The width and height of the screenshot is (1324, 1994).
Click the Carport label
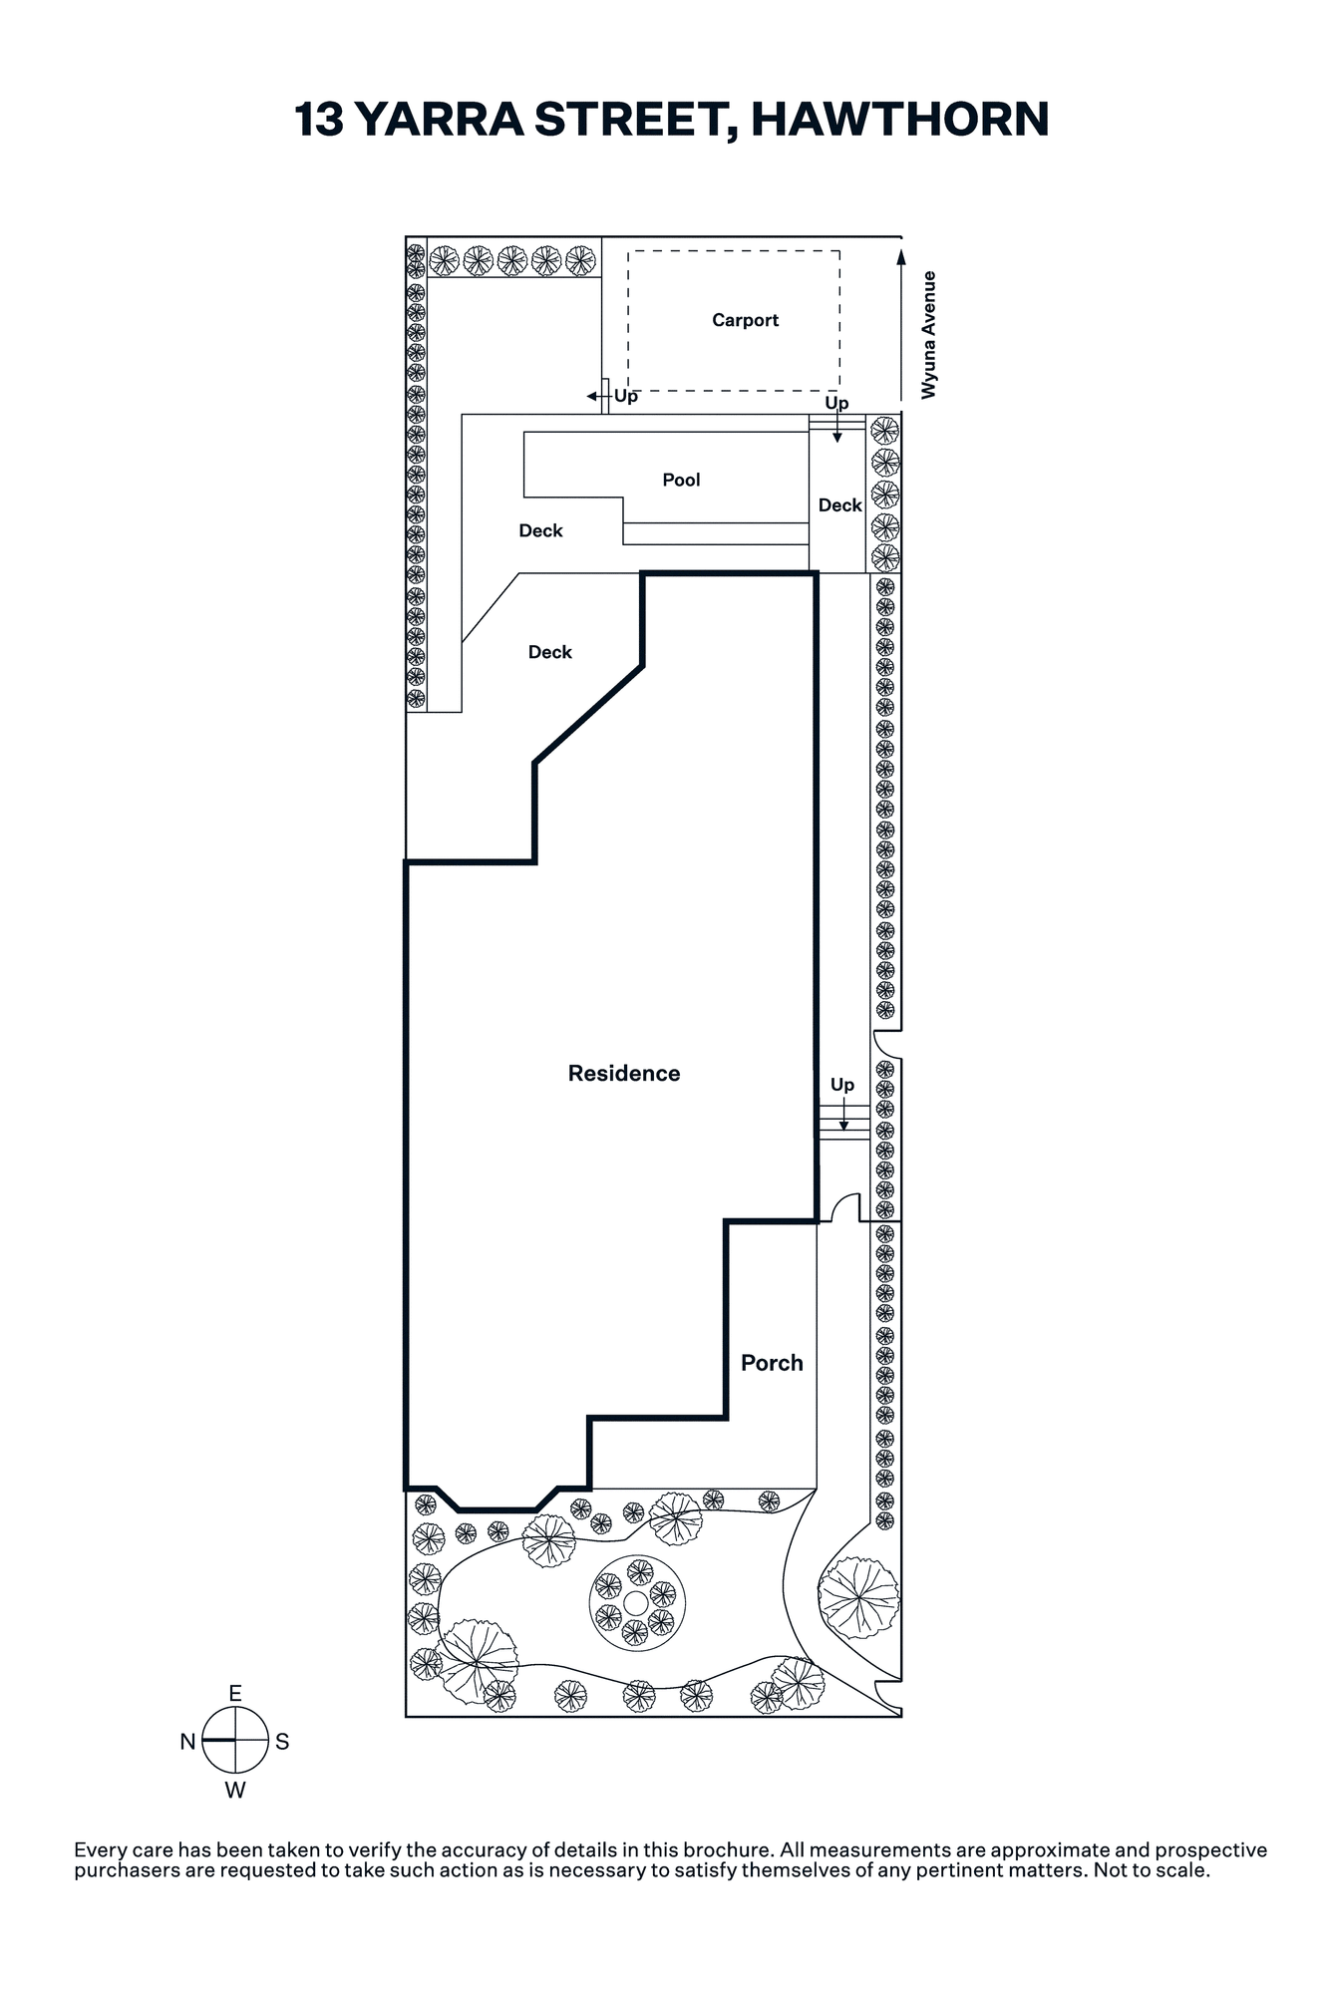point(745,320)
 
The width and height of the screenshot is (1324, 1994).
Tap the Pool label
point(681,480)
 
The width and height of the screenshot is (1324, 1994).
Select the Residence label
point(624,1073)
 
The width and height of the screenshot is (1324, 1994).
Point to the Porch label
point(772,1363)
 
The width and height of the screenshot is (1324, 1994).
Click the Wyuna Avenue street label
point(929,335)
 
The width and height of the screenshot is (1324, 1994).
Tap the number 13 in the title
point(319,119)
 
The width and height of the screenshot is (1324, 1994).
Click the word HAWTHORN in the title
point(900,119)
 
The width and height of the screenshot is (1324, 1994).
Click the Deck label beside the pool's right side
point(839,505)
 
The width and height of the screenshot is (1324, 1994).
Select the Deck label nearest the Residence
point(550,652)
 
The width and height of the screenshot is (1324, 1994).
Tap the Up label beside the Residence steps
point(842,1085)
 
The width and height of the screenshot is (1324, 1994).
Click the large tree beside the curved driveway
point(858,1598)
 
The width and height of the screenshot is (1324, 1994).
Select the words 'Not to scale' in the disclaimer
point(1152,1870)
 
